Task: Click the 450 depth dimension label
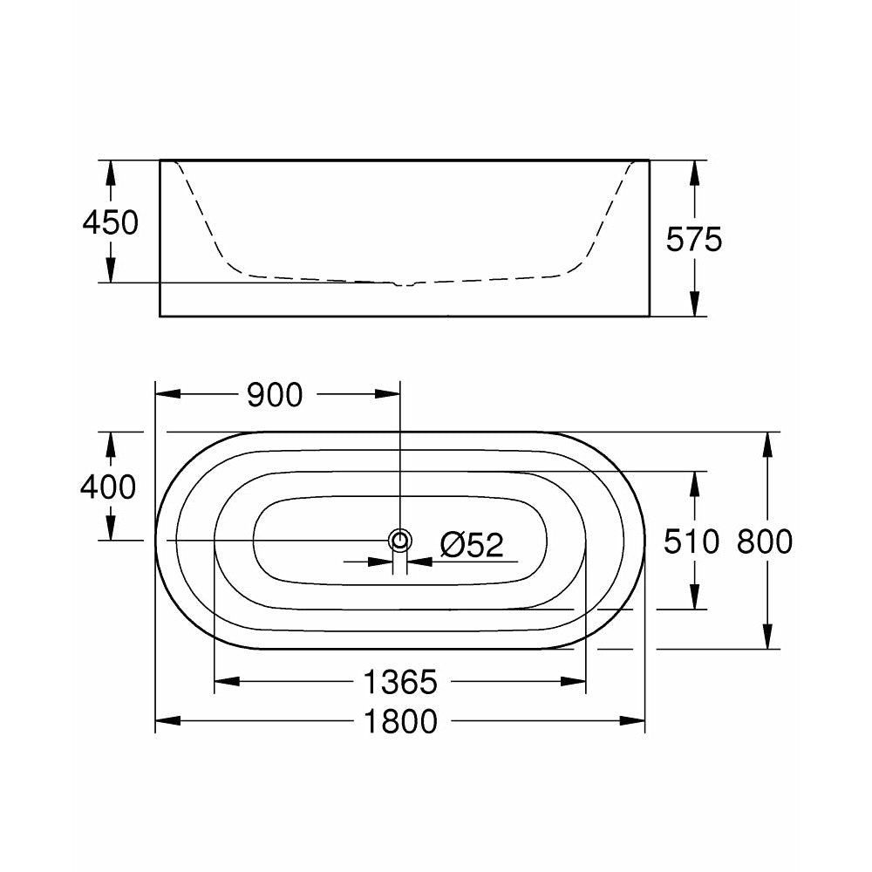[111, 223]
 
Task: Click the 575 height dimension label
[695, 238]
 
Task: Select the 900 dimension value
[275, 395]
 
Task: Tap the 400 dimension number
[108, 487]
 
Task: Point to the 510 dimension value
[691, 542]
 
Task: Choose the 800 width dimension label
[765, 542]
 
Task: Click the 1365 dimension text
[401, 682]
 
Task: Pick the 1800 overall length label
[401, 721]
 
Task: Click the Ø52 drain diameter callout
[472, 546]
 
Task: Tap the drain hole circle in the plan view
[400, 541]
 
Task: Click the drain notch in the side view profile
[400, 283]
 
